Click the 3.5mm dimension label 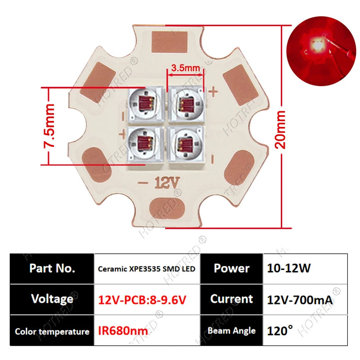click(x=185, y=68)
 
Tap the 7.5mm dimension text click(x=49, y=126)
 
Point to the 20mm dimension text click(x=280, y=130)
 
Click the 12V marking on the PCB click(x=167, y=182)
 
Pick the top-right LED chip click(x=186, y=104)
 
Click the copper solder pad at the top click(x=170, y=42)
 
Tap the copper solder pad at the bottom click(x=166, y=209)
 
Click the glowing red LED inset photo click(x=321, y=51)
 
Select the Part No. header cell click(x=52, y=268)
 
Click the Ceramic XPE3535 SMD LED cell click(x=147, y=269)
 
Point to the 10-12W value click(x=289, y=268)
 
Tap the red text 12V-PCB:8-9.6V click(x=142, y=300)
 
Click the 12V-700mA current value click(x=300, y=300)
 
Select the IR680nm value click(x=123, y=331)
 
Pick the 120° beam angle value click(x=280, y=331)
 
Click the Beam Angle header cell click(x=231, y=331)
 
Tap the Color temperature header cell click(x=52, y=331)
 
